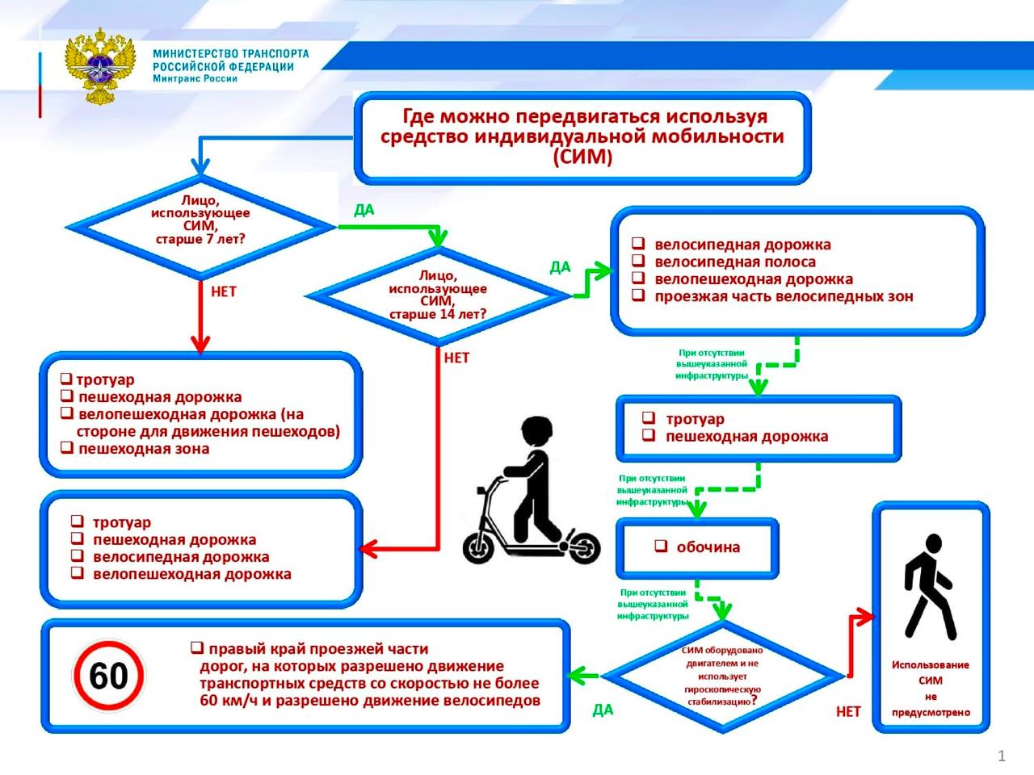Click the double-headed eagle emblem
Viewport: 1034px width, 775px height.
[100, 66]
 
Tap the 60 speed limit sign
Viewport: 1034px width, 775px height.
[109, 676]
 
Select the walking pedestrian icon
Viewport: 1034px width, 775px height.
[929, 587]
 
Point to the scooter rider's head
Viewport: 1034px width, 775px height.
[537, 433]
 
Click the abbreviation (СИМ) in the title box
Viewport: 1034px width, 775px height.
[582, 157]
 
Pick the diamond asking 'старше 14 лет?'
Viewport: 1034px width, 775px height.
[438, 296]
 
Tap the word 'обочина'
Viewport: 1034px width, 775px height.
[708, 547]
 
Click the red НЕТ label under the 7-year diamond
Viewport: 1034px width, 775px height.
[223, 291]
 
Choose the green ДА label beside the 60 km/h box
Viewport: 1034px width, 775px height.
[603, 710]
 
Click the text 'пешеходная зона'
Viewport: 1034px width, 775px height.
[144, 448]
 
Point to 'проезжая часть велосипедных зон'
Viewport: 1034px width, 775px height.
[784, 296]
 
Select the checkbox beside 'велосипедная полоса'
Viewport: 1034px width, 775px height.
[638, 261]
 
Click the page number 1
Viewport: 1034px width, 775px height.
[1001, 756]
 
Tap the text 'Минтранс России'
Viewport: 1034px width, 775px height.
[195, 78]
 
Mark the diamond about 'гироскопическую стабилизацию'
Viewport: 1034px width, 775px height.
[723, 676]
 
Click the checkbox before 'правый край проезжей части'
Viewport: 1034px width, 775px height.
[197, 648]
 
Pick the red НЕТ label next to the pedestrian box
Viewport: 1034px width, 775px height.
[848, 711]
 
